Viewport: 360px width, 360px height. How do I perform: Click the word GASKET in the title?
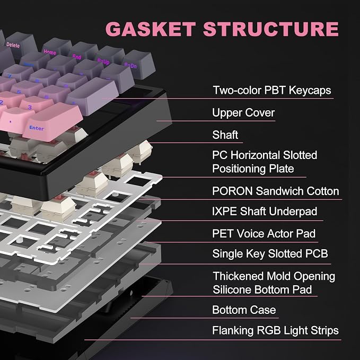point(151,29)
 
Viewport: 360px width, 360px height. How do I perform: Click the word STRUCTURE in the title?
point(271,29)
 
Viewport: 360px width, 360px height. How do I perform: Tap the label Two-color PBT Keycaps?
point(272,90)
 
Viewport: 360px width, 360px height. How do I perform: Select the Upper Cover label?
point(243,113)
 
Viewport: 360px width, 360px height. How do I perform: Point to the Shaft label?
point(225,135)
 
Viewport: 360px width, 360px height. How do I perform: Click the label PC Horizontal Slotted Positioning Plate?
point(265,162)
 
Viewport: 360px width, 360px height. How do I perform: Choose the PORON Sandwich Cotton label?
point(276,191)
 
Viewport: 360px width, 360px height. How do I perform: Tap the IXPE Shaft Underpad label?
point(265,212)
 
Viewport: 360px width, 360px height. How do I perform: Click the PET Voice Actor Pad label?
point(264,234)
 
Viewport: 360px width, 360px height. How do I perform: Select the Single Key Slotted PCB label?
point(270,254)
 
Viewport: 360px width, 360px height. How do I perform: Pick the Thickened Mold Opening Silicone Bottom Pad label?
point(274,283)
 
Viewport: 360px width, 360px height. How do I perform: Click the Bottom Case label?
point(244,310)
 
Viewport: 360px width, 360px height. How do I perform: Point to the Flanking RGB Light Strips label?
point(275,331)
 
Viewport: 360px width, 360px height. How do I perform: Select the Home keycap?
point(57,49)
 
